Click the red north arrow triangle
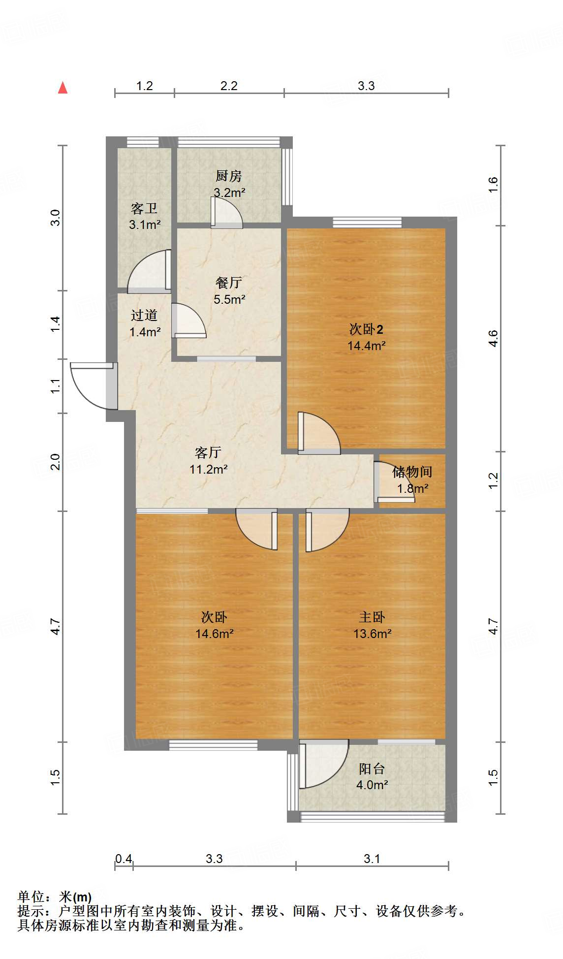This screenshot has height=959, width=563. (63, 88)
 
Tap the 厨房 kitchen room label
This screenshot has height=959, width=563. (229, 184)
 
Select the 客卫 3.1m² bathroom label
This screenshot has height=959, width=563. (145, 216)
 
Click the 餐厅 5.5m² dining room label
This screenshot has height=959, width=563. (229, 290)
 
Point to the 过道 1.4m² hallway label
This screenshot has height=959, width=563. (145, 323)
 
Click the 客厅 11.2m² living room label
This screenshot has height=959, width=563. (208, 460)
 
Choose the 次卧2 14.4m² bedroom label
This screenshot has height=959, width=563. (366, 337)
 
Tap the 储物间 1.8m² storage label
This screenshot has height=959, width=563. (412, 479)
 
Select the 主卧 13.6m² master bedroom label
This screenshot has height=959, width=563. (372, 625)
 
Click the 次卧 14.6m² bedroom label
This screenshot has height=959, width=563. (214, 625)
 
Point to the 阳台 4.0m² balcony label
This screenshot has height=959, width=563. (372, 776)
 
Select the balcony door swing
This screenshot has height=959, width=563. (322, 763)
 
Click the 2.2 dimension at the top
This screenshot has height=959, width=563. (229, 86)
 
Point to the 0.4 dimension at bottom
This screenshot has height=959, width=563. (124, 859)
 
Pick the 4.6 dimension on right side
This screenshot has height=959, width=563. (493, 339)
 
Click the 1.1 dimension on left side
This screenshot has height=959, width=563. (56, 385)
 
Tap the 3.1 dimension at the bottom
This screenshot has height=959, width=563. (372, 859)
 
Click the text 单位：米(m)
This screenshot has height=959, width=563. (55, 897)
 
